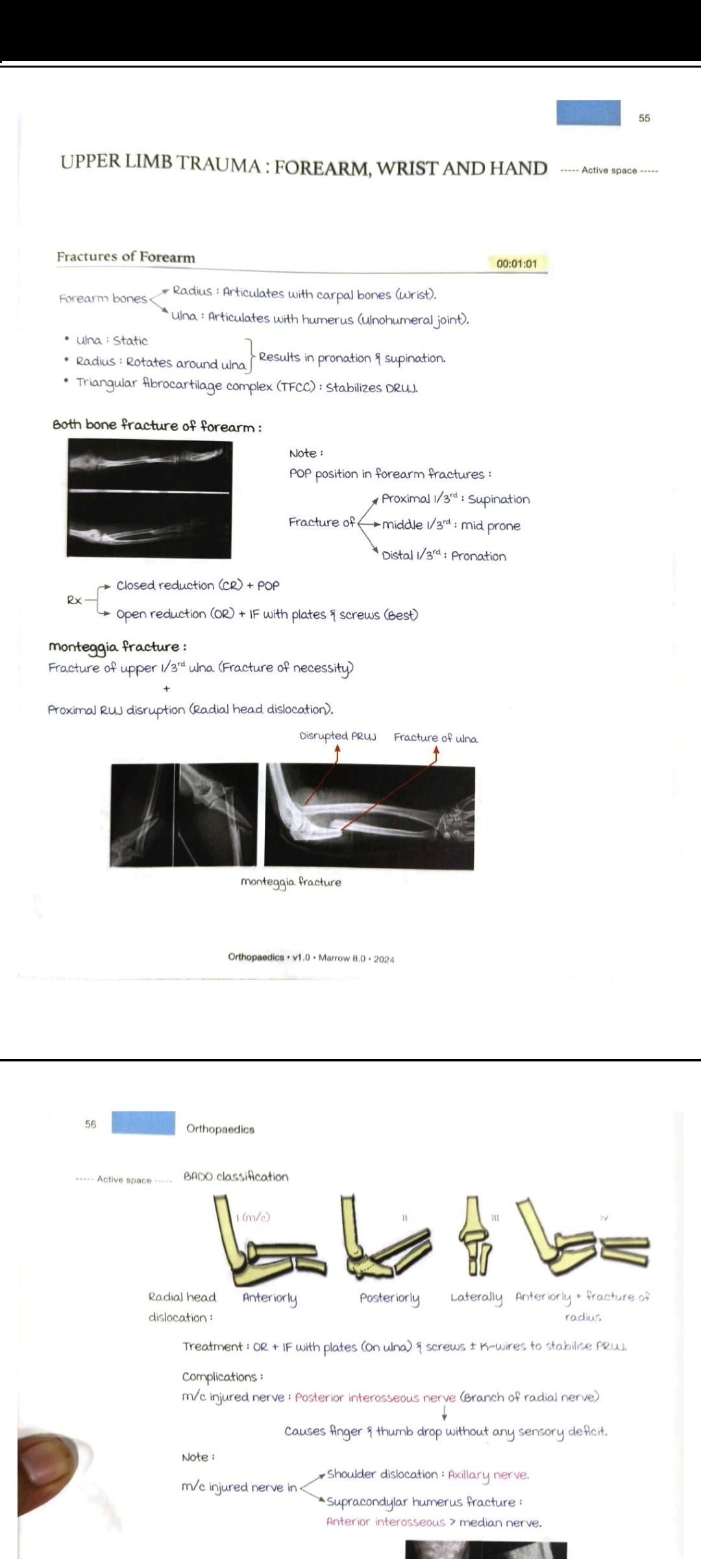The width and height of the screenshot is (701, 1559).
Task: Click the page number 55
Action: pos(644,118)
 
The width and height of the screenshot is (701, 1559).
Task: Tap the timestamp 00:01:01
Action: pos(517,264)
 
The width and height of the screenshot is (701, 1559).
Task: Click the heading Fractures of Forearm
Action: pos(125,257)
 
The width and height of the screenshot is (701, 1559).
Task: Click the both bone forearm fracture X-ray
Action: pos(149,499)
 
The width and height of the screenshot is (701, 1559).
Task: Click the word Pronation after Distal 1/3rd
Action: pos(478,556)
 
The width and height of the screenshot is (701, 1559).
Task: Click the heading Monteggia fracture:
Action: pos(117,647)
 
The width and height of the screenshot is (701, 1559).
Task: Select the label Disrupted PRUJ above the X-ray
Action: pos(338,737)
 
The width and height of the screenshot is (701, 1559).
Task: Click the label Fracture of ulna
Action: pos(436,739)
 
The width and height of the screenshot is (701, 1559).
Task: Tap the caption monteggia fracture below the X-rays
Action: pos(291,882)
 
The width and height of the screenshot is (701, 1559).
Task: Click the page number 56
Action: pos(90,1124)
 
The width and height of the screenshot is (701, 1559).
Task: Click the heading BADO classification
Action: pos(236,1176)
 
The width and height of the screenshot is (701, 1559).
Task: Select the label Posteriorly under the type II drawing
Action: pos(389,1298)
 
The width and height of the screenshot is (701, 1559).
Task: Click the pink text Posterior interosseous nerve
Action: pos(375,1397)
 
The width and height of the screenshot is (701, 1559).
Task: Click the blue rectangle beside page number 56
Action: pos(143,1123)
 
